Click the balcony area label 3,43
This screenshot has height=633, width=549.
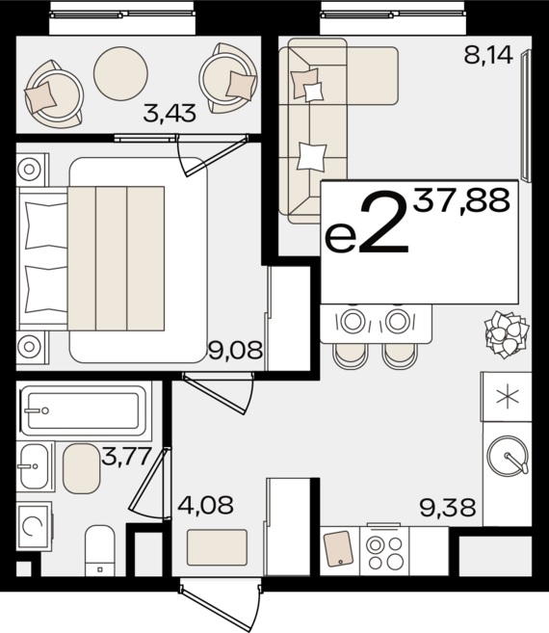[x=170, y=113]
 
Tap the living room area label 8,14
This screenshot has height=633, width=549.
[x=488, y=55]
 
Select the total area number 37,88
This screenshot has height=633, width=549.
[x=461, y=201]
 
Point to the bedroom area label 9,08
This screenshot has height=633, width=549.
[x=236, y=350]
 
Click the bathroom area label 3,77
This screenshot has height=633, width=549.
[x=126, y=456]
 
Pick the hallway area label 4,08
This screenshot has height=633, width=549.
[x=205, y=505]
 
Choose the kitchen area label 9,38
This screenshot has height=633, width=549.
[x=448, y=508]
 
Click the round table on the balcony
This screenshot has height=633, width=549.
[x=120, y=73]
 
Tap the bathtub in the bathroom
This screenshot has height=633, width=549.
[x=84, y=410]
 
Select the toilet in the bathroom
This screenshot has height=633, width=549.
[x=100, y=551]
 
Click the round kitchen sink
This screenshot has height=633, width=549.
[x=508, y=455]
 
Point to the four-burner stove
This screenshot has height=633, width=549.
[x=384, y=551]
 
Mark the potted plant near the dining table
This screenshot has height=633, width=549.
[x=507, y=334]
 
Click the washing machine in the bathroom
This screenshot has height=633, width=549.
[x=35, y=526]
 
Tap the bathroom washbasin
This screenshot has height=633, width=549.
[x=34, y=466]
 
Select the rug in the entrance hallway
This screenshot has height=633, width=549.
[x=217, y=547]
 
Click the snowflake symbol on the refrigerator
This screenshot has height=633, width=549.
[x=508, y=397]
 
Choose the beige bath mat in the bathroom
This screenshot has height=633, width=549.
[x=81, y=468]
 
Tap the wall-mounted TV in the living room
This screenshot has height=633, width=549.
[x=526, y=116]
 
